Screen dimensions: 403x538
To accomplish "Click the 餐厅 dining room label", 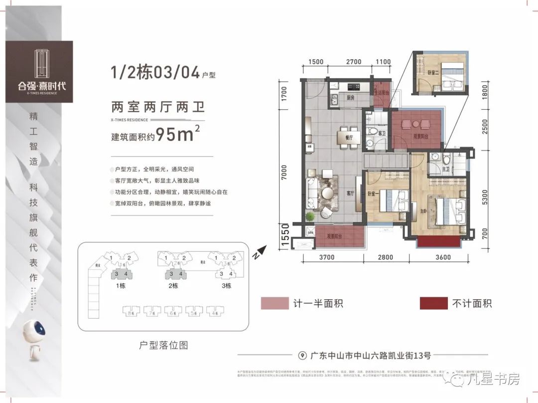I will coord(349,137).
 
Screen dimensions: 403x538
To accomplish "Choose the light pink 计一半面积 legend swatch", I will coord(274,303).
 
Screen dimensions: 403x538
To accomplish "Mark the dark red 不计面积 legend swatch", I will coord(433,303).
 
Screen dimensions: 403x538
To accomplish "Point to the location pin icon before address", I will coord(301,356).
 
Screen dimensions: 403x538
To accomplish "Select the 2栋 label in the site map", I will coord(172,286).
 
